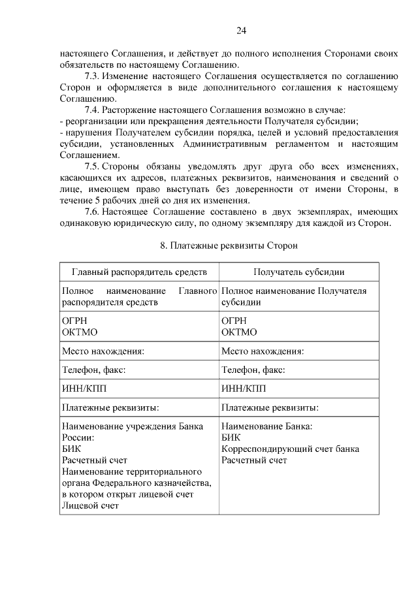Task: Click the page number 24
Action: [241, 31]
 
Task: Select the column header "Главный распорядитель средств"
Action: [139, 272]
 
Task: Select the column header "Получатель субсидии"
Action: [299, 272]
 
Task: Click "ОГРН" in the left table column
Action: [74, 321]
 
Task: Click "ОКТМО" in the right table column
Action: [239, 332]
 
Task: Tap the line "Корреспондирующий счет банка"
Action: [290, 449]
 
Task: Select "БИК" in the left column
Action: [70, 449]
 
